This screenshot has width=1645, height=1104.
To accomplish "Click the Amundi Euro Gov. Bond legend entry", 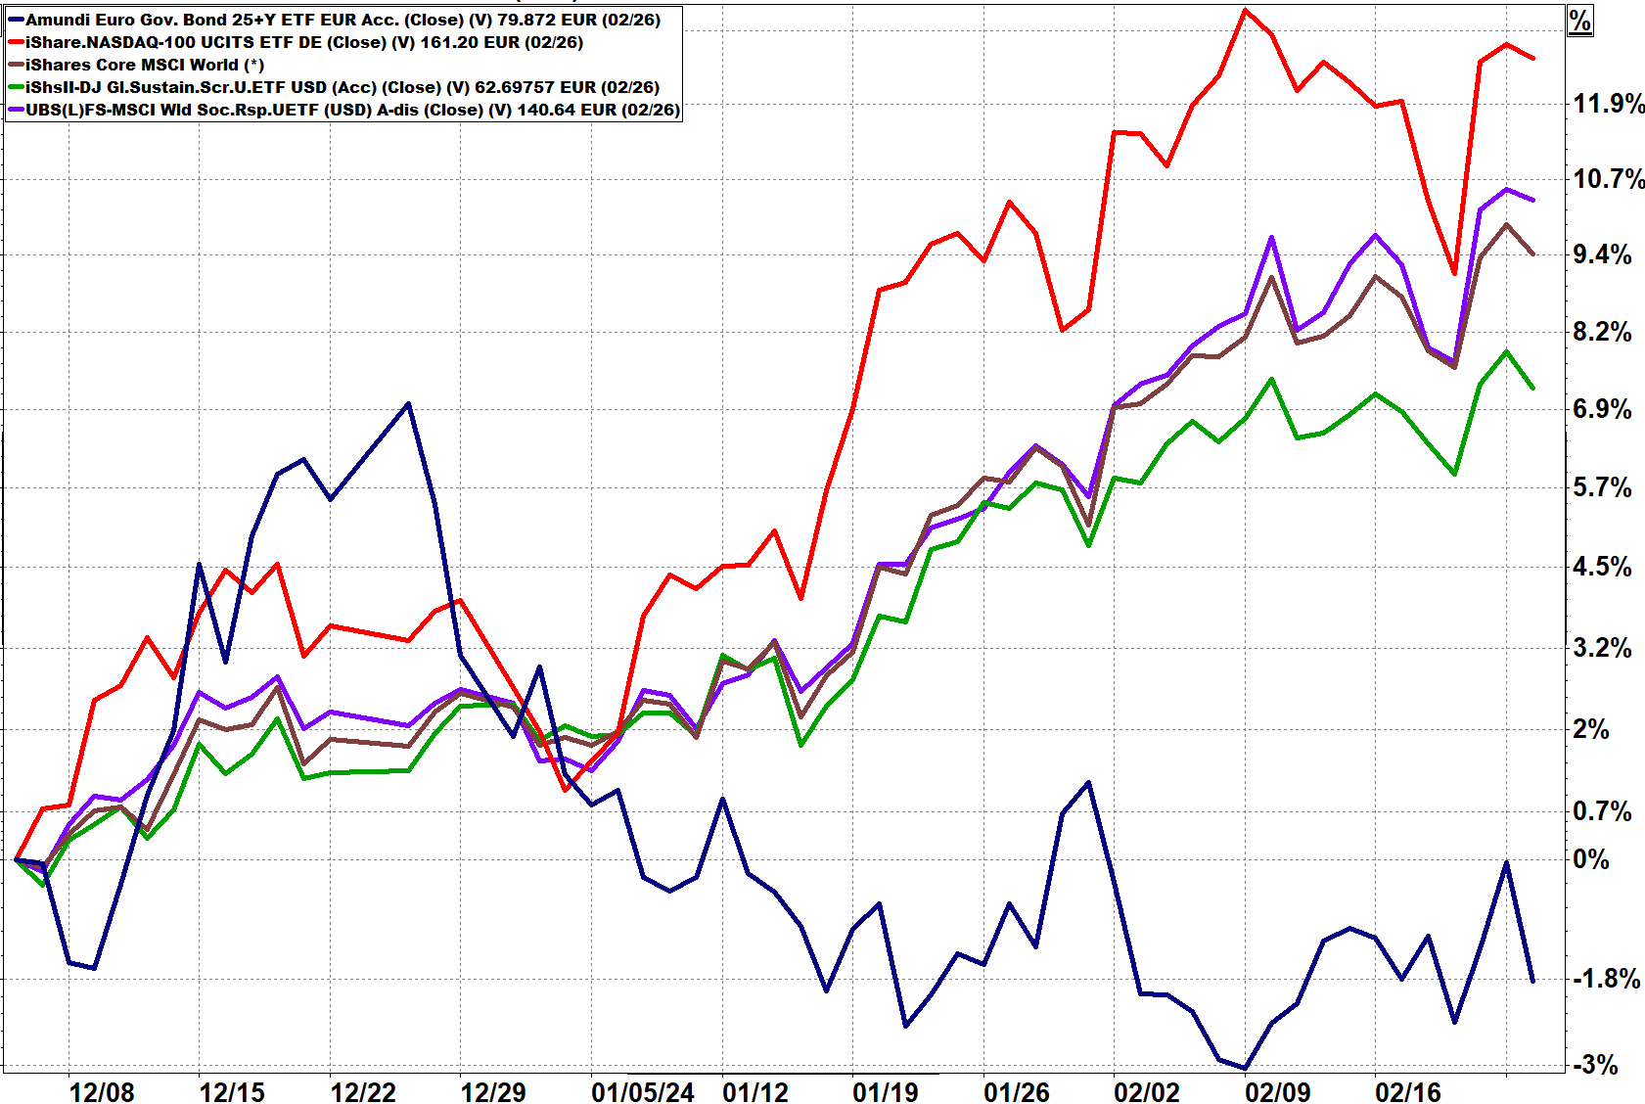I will point(342,20).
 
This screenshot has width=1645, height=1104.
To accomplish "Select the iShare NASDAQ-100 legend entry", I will point(303,42).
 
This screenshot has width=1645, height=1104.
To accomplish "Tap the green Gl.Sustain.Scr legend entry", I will point(342,87).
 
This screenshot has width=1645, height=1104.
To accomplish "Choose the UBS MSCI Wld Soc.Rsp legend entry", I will point(351,110).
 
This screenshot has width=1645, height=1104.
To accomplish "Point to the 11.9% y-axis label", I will point(1608,103).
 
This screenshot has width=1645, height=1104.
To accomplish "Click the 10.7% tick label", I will point(1608,178).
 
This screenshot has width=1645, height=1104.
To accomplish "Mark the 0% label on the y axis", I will point(1591,859).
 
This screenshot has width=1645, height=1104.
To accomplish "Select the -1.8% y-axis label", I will point(1606,979).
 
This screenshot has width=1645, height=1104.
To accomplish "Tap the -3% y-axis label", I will point(1595,1065).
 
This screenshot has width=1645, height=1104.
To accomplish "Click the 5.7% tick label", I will point(1602,487).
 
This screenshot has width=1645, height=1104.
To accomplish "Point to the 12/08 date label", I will point(102,1092).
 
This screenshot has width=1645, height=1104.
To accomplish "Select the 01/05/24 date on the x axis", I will point(643,1092).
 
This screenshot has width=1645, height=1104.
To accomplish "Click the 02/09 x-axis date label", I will point(1278,1092).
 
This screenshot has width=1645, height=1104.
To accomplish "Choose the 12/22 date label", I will point(363,1092).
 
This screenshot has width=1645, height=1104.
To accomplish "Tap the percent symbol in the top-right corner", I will point(1580,21).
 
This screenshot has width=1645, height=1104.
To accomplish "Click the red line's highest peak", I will point(1245,11).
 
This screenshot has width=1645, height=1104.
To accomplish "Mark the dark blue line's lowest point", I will point(1245,1068).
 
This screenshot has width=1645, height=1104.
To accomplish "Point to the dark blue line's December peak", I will point(408,403).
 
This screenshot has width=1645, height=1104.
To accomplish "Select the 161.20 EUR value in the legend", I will point(460,42).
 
